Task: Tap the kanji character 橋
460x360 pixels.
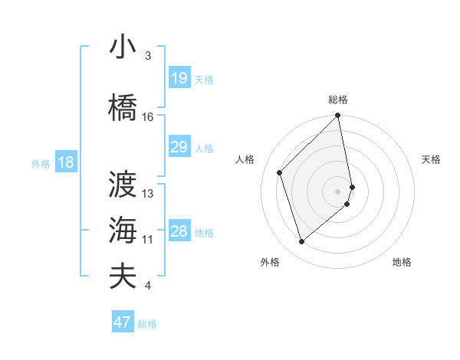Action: pyautogui.click(x=123, y=106)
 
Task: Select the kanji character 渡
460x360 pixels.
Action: pyautogui.click(x=123, y=184)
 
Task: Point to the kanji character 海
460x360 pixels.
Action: pyautogui.click(x=123, y=230)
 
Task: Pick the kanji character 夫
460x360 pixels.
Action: pyautogui.click(x=123, y=276)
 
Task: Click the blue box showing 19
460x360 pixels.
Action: pyautogui.click(x=179, y=78)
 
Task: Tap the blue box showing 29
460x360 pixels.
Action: pyautogui.click(x=179, y=147)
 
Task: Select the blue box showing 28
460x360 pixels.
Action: pyautogui.click(x=179, y=231)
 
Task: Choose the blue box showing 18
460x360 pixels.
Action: pyautogui.click(x=65, y=162)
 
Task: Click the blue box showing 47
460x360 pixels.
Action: pyautogui.click(x=123, y=322)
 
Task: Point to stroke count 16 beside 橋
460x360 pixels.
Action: pyautogui.click(x=148, y=117)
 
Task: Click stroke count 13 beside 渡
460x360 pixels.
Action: pyautogui.click(x=148, y=194)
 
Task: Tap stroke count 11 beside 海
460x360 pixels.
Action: pyautogui.click(x=148, y=240)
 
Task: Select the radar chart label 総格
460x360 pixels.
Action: pyautogui.click(x=338, y=100)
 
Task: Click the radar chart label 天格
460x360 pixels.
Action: pyautogui.click(x=431, y=159)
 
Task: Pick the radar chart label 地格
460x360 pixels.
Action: pyautogui.click(x=402, y=263)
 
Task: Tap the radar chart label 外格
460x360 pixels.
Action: pyautogui.click(x=270, y=263)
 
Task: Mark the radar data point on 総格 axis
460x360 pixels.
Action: pyautogui.click(x=337, y=116)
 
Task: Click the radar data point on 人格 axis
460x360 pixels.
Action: pyautogui.click(x=280, y=172)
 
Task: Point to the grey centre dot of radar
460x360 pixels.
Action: pyautogui.click(x=337, y=191)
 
